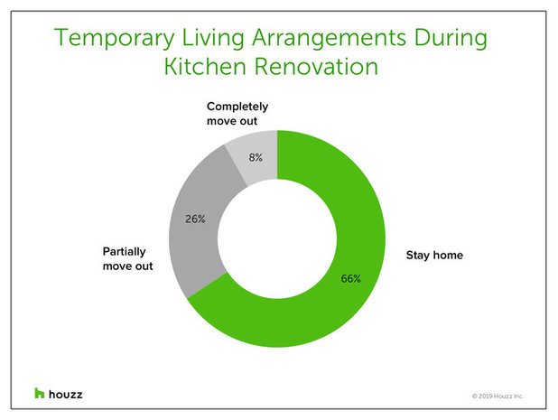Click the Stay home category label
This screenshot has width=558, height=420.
433,256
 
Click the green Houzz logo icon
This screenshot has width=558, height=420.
39,393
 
